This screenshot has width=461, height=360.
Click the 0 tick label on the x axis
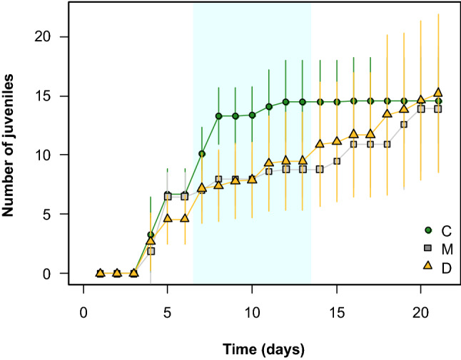(83, 312)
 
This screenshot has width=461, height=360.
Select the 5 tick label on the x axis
(168, 312)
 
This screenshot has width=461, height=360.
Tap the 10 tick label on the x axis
(252, 312)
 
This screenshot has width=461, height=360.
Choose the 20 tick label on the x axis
(421, 312)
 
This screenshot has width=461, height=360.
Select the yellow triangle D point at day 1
(100, 272)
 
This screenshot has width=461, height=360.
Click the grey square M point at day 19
(404, 124)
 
